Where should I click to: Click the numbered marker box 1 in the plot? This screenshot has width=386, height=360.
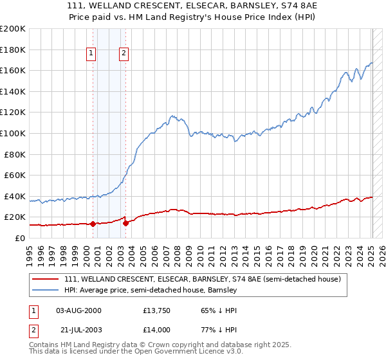(92, 54)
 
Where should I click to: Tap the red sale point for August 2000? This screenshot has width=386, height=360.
(93, 224)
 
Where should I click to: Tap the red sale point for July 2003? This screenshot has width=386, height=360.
(125, 223)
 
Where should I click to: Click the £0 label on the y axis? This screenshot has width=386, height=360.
(19, 238)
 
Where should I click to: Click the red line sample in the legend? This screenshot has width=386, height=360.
(46, 280)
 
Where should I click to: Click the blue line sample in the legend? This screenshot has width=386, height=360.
(46, 291)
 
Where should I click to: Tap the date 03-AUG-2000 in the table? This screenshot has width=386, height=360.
(78, 310)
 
